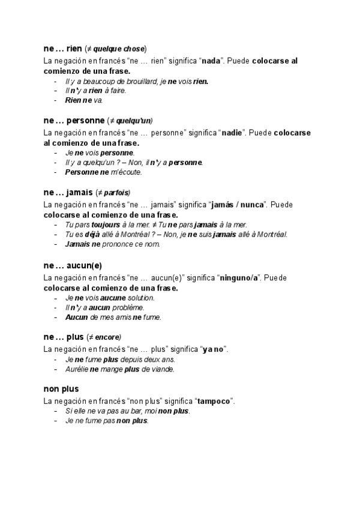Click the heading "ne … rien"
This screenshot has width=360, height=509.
pos(62,49)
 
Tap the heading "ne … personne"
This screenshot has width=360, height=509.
pos(73,121)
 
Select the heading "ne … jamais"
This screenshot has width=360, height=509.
pos(68,193)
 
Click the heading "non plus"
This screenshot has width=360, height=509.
pos(61,388)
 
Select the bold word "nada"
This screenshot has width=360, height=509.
pos(212,61)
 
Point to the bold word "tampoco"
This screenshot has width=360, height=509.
pos(214,401)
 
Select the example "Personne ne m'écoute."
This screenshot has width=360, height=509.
pos(103,172)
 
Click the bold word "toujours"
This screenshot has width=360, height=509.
pos(105,225)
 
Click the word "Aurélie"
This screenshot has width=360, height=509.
pos(76,369)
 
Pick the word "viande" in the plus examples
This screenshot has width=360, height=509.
pos(162,369)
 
